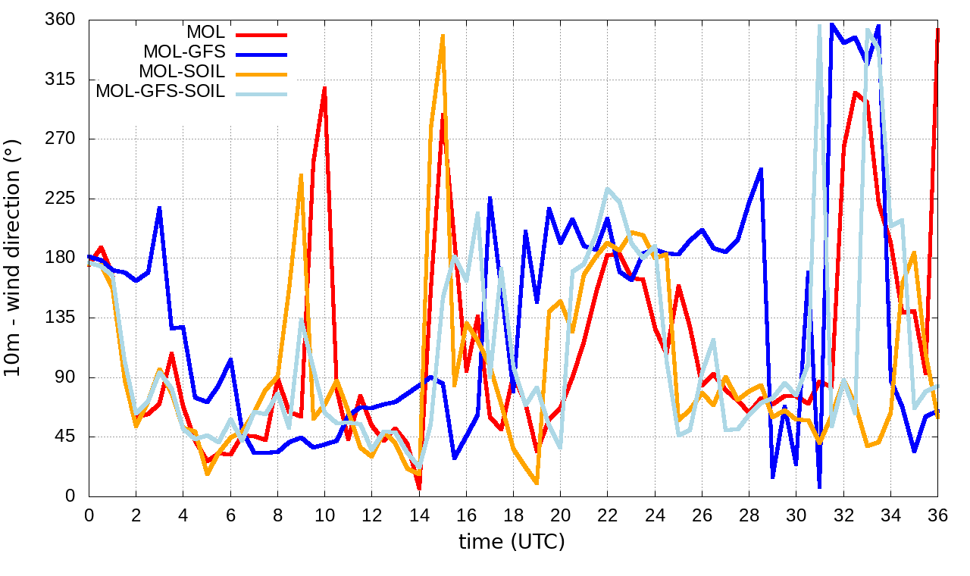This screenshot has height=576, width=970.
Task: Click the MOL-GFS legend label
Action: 184,52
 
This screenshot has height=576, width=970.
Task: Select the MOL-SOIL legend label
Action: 182,72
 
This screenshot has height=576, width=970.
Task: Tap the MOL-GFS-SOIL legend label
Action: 160,92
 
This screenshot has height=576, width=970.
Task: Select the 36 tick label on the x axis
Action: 937,515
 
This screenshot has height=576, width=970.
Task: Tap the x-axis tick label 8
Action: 277,515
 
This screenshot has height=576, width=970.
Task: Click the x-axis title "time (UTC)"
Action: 512,542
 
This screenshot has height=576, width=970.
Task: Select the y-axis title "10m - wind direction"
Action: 15,258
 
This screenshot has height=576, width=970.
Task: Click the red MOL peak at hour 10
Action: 324,88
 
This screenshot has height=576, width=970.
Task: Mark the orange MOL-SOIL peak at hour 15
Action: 443,36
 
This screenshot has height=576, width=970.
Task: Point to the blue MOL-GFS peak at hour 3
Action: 160,208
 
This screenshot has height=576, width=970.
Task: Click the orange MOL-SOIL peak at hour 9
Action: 301,175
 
